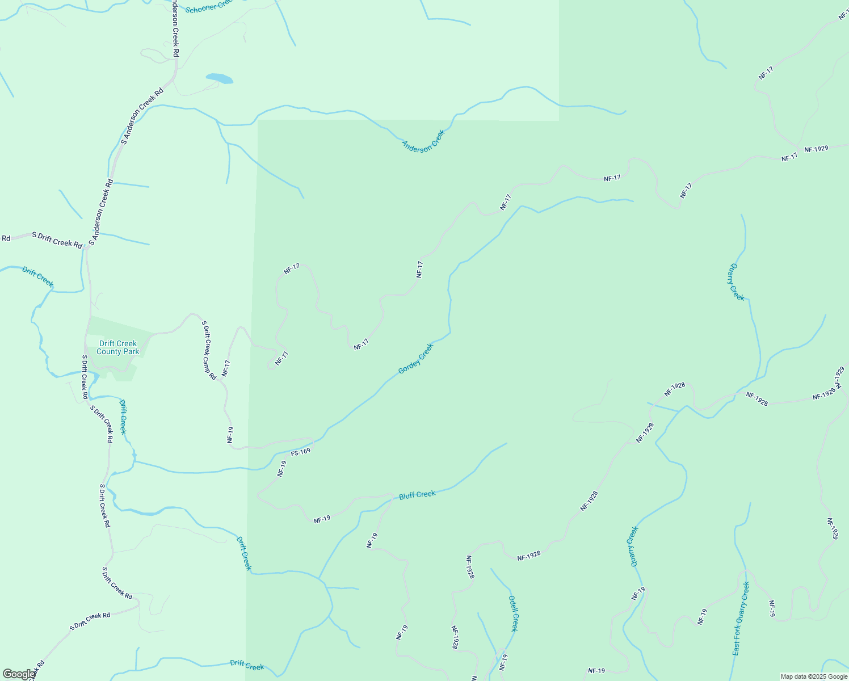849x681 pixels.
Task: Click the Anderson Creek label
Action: [423, 140]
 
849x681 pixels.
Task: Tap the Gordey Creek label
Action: [415, 359]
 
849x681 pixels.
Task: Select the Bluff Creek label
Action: [417, 495]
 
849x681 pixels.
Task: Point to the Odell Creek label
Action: [513, 613]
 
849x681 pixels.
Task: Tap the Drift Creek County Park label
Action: [117, 347]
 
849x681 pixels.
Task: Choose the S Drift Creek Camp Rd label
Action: [209, 350]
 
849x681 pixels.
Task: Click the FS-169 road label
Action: [301, 452]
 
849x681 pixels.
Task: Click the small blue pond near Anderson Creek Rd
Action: [219, 78]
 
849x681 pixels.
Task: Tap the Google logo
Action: [19, 674]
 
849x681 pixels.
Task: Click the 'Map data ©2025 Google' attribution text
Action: [813, 676]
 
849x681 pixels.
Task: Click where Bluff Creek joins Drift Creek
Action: [320, 579]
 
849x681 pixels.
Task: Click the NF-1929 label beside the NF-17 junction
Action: [816, 149]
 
